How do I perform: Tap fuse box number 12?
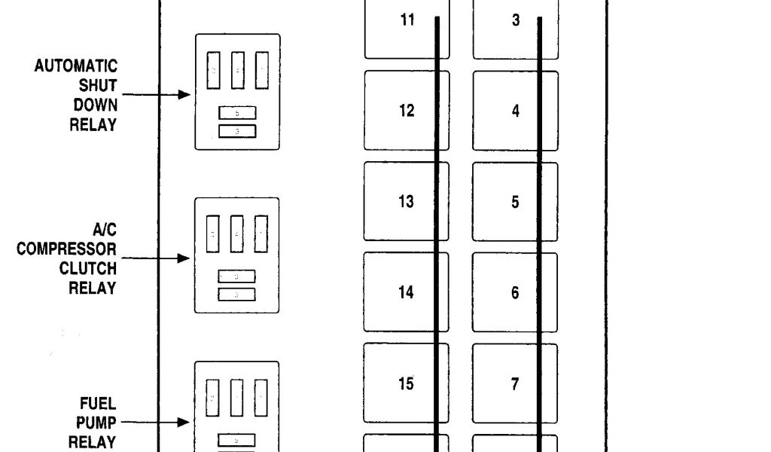click(x=407, y=111)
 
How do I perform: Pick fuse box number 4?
click(x=516, y=111)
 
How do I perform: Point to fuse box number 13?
click(x=407, y=202)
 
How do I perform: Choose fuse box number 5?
click(x=516, y=202)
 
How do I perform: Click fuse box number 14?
click(x=407, y=292)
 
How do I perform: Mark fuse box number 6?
click(x=516, y=292)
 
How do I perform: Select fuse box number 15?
click(x=407, y=384)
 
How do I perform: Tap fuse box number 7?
click(x=516, y=384)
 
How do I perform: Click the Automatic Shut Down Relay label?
click(x=76, y=96)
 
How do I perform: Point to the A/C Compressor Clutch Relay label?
click(x=68, y=258)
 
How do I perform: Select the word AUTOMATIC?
click(x=76, y=67)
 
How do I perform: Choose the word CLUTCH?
click(x=88, y=268)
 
